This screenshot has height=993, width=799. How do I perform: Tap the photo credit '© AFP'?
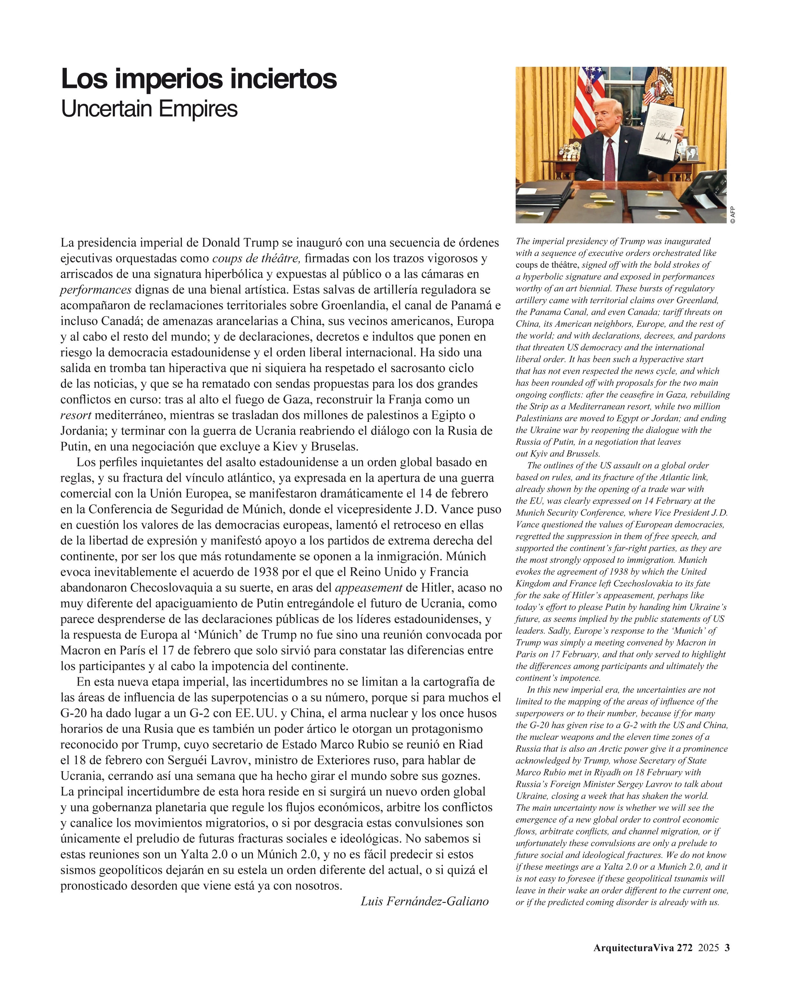(733, 215)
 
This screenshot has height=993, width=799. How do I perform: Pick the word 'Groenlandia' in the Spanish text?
(355, 305)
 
